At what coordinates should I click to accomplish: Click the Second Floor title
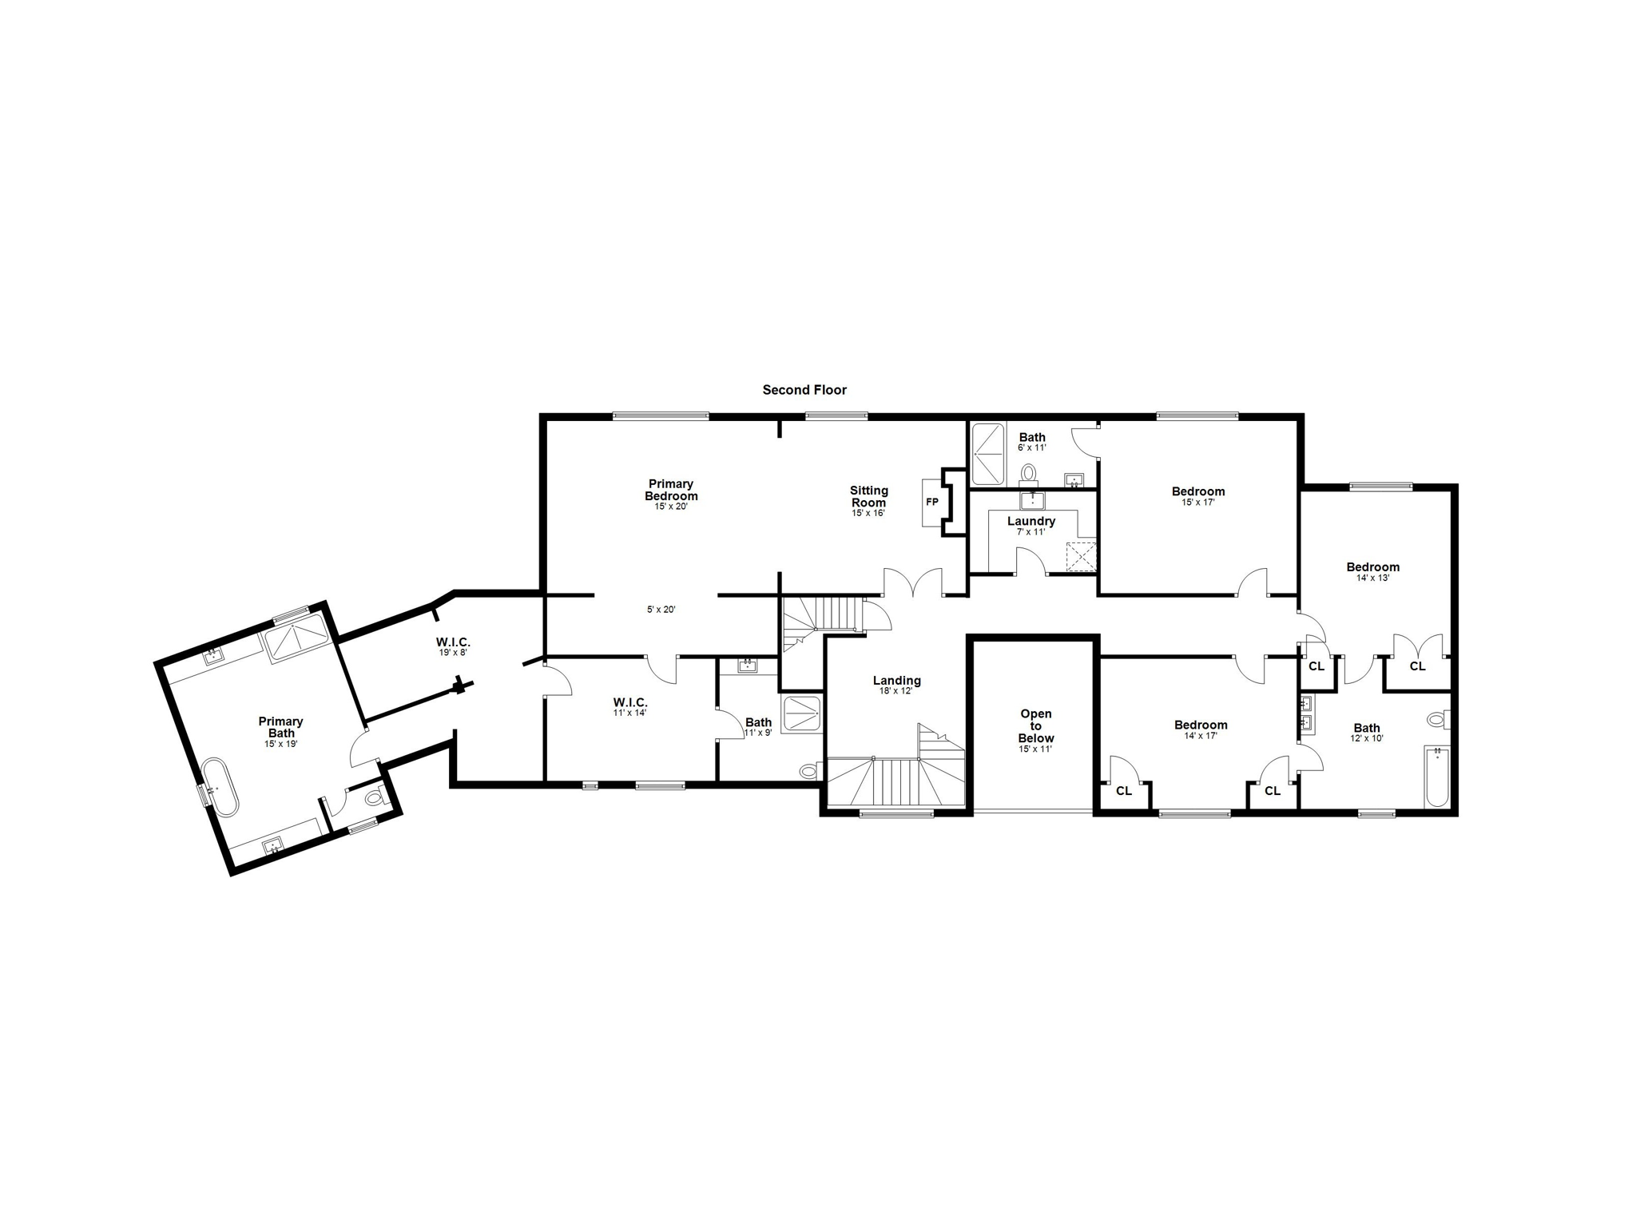804,390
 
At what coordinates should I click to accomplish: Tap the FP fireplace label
931,503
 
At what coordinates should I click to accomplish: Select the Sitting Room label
868,496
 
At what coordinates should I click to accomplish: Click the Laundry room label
1030,521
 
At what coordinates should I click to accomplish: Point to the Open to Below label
1035,725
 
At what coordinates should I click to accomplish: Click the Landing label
896,681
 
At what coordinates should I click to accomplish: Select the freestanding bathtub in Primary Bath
220,787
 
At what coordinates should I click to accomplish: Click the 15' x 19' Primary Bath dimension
280,744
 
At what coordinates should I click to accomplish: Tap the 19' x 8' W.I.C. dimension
453,652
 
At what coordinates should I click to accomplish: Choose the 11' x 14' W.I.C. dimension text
629,713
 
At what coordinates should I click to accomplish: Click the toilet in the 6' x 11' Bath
1028,473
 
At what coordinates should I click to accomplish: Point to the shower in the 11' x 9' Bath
801,713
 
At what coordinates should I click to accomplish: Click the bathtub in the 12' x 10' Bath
1437,777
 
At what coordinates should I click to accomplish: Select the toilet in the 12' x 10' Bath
1439,719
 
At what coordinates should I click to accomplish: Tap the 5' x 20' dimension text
661,610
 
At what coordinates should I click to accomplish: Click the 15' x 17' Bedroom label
1197,491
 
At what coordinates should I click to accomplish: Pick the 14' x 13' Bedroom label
1372,567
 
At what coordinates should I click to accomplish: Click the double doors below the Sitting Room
913,582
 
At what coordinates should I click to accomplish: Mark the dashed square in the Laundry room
1081,557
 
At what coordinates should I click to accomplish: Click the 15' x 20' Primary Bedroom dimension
670,507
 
